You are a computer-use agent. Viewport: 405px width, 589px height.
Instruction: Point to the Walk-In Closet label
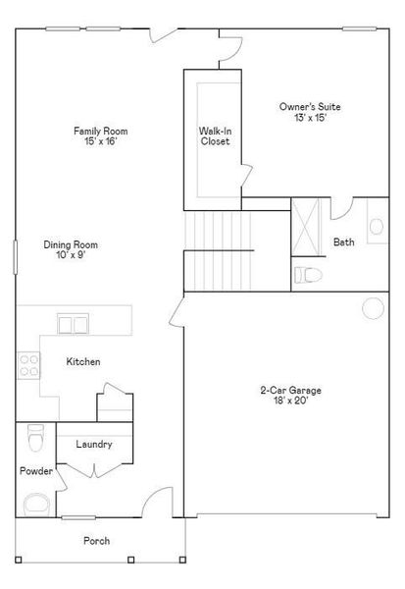(215, 135)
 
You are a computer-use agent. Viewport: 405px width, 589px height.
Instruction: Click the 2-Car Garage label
(290, 390)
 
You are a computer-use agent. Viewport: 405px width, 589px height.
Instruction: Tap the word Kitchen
(83, 362)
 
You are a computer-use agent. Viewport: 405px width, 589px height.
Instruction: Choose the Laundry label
(93, 444)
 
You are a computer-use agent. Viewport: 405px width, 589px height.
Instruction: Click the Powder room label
(35, 471)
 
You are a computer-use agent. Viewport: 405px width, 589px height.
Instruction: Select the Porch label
(96, 541)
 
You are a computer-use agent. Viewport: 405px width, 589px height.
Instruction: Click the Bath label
(344, 242)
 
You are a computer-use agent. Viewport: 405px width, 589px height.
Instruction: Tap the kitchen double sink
(71, 322)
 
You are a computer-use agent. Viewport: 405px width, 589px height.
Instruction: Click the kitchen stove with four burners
(29, 365)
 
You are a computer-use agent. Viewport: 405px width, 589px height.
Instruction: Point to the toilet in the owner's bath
(307, 274)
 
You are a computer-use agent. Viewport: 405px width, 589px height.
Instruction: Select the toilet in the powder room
(36, 433)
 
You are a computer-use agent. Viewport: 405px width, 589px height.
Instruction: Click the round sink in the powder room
(37, 505)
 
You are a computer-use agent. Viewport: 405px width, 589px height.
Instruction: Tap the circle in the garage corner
(373, 309)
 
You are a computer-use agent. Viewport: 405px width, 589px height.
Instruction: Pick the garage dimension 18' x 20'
(290, 401)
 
